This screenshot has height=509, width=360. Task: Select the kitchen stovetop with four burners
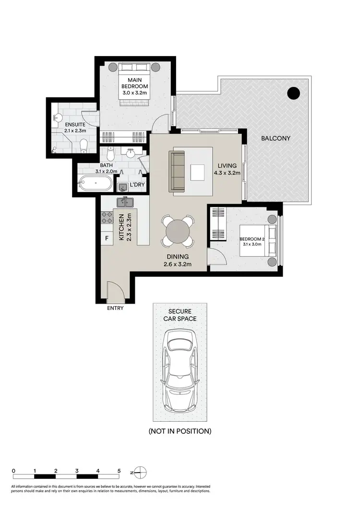point(107,218)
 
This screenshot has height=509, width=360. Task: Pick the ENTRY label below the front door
point(115,308)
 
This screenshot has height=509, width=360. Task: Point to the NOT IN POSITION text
point(180,431)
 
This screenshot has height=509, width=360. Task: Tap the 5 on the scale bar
point(119,470)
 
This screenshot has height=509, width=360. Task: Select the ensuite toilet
point(84,143)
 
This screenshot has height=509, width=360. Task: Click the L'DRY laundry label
point(137,185)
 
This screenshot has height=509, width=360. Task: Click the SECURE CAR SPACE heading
point(180,315)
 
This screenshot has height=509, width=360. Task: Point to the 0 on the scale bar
point(14,470)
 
